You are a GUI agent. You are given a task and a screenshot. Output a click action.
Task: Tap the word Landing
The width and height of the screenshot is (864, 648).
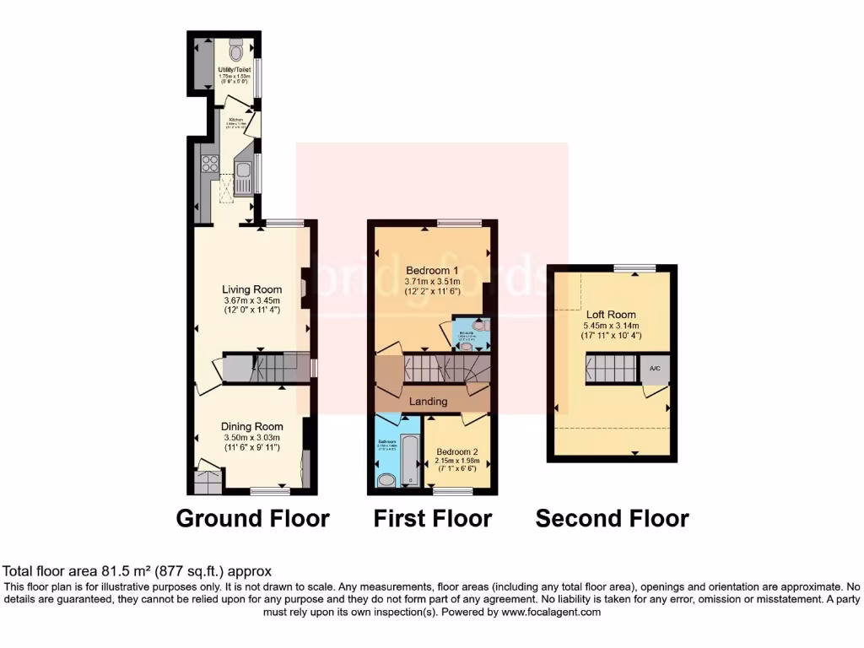[x=428, y=402]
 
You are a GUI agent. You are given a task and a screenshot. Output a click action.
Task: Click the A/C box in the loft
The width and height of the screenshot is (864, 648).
[x=654, y=370]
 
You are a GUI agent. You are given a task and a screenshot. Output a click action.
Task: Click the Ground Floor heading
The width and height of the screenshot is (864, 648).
[x=252, y=518]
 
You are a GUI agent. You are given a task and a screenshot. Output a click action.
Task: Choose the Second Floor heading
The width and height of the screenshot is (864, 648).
[x=612, y=518]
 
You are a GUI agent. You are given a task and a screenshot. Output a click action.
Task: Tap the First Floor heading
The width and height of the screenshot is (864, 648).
[x=432, y=518]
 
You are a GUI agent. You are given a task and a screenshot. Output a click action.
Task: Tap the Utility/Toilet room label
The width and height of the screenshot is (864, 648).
[x=235, y=69]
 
